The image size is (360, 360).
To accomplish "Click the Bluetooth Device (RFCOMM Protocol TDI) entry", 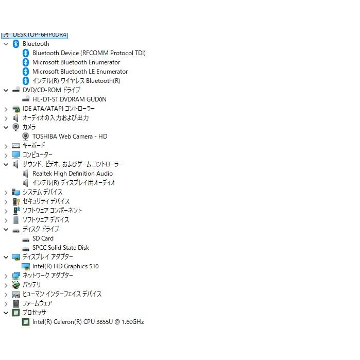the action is coord(89,53).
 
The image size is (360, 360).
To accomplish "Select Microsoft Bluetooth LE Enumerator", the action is coord(80,72).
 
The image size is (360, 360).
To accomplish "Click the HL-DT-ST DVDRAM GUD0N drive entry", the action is coord(70,99).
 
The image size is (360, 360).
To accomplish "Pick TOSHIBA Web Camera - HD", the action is coord(70,136).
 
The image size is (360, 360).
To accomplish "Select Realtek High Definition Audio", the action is coord(73,174).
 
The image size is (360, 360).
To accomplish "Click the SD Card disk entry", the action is coord(43,238).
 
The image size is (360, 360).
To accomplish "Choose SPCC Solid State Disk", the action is coord(61,248).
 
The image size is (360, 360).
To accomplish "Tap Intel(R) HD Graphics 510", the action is coord(65,266).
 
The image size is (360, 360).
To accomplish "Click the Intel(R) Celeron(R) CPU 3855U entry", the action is coord(88,322).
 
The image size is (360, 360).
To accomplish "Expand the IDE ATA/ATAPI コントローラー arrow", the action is coord(6,109).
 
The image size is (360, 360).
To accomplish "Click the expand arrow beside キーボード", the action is coord(6,146).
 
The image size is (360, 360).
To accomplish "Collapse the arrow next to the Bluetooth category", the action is coord(6,44).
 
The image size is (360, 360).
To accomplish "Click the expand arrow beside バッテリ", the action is coord(6,285).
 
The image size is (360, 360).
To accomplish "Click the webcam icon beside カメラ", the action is coord(16,127).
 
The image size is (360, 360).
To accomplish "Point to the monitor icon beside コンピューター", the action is coord(16,155).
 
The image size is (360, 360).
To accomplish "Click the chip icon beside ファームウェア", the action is coord(16,303).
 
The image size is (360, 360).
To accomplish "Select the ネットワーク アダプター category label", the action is coord(48,276).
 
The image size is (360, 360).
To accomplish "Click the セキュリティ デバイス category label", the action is coord(46,201).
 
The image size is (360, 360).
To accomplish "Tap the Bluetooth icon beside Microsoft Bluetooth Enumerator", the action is coord(26,62).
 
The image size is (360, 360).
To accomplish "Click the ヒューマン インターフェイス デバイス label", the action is coord(62,294).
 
